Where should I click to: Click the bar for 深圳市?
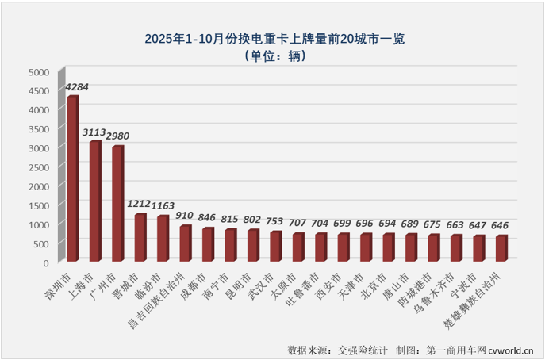[72, 179]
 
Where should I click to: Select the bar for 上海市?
[95, 201]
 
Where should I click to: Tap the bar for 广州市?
[117, 204]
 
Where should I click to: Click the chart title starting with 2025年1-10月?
[273, 38]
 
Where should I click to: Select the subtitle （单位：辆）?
[273, 56]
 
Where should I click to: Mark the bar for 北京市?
[389, 247]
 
